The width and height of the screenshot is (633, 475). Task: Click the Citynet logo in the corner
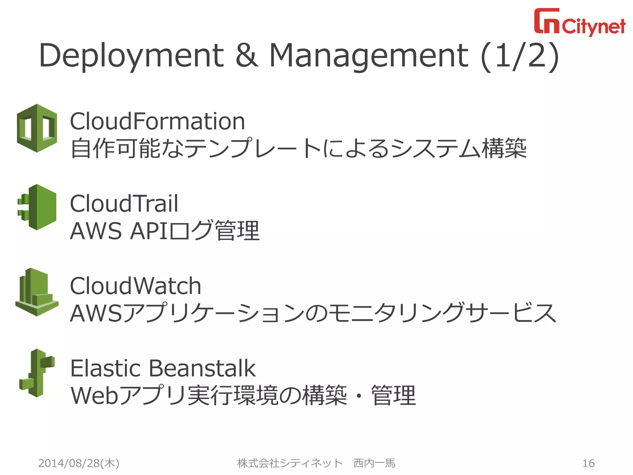[x=580, y=22]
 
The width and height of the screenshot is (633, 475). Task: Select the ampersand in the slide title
[x=247, y=56]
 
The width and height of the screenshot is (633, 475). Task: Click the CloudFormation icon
[x=37, y=128]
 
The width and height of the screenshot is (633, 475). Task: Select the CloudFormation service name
[x=157, y=121]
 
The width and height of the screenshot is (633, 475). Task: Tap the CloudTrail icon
[x=37, y=207]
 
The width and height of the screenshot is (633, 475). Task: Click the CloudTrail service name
[x=124, y=203]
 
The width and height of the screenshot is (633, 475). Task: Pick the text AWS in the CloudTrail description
[x=96, y=231]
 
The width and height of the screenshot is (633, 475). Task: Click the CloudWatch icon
[x=37, y=292]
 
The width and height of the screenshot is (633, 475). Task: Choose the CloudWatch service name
[x=135, y=286]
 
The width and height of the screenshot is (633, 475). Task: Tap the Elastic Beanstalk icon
[x=37, y=373]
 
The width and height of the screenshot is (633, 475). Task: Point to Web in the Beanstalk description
[x=94, y=396]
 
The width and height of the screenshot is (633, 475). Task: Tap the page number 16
[x=588, y=463]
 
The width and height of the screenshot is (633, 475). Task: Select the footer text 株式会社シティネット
[x=290, y=463]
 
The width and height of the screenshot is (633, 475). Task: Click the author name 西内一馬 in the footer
[x=374, y=463]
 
